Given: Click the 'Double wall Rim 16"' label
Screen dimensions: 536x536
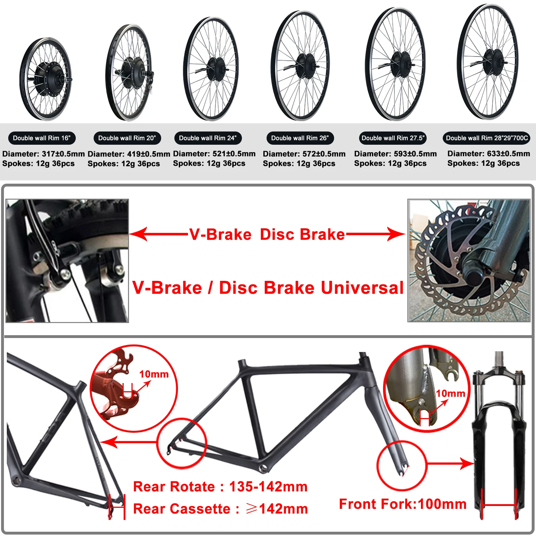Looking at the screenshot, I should pyautogui.click(x=42, y=138).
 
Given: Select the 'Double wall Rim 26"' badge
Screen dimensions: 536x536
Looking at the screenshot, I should pyautogui.click(x=300, y=138).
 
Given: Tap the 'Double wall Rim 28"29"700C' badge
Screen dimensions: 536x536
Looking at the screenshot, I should pyautogui.click(x=486, y=138).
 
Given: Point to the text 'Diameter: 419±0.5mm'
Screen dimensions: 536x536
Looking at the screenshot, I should pyautogui.click(x=129, y=154).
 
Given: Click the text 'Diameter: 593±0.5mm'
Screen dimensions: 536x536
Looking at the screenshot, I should pyautogui.click(x=395, y=154).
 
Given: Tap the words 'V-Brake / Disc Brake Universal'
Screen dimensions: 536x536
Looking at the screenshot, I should pyautogui.click(x=268, y=288).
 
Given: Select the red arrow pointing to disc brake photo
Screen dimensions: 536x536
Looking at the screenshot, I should pyautogui.click(x=375, y=234).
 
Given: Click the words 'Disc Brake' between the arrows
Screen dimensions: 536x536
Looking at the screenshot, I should pyautogui.click(x=302, y=234).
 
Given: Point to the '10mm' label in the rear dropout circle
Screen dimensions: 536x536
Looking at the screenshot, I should pyautogui.click(x=154, y=374).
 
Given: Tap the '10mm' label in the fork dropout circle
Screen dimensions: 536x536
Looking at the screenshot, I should pyautogui.click(x=450, y=393).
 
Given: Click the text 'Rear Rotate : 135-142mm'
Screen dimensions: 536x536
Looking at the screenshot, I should pyautogui.click(x=220, y=487).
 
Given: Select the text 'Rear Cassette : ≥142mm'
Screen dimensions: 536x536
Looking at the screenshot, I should pyautogui.click(x=220, y=509).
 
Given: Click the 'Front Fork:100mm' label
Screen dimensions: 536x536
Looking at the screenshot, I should pyautogui.click(x=403, y=504).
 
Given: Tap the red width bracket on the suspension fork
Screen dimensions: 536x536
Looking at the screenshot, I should pyautogui.click(x=499, y=505).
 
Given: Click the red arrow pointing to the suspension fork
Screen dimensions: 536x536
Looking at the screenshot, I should pyautogui.click(x=450, y=464).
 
